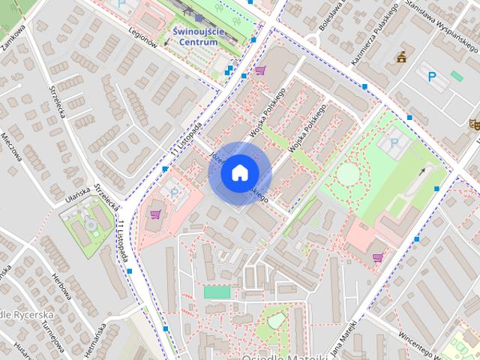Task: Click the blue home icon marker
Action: pyautogui.click(x=239, y=172)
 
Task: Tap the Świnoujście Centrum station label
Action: pyautogui.click(x=194, y=37)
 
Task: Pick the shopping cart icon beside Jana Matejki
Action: pyautogui.click(x=377, y=257)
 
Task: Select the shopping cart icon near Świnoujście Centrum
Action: pyautogui.click(x=259, y=70)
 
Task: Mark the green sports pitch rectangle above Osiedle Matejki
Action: pyautogui.click(x=217, y=292)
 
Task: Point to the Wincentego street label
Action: pyautogui.click(x=424, y=335)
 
